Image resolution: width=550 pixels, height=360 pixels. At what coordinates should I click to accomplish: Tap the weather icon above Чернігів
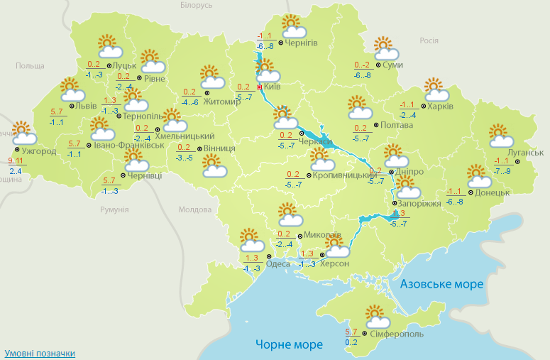pos(293,27)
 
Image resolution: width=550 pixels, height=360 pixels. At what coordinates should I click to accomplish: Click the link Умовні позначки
pos(40,353)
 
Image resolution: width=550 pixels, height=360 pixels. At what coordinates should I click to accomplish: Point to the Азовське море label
pos(441,284)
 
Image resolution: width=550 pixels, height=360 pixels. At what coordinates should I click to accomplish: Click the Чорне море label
pos(289,345)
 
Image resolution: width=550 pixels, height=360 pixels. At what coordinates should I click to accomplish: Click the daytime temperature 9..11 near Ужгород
pos(15,162)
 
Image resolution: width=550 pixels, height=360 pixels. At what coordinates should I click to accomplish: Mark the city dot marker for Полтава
pos(375,125)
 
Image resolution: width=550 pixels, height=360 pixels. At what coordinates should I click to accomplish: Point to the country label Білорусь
pos(197,6)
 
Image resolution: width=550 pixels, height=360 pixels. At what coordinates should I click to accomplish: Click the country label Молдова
pos(195,209)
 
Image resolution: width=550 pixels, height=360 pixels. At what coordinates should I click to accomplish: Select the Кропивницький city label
pos(343,175)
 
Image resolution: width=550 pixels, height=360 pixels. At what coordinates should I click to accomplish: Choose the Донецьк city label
pos(491,192)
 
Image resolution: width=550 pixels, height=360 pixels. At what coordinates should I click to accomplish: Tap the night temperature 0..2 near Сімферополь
pos(351,342)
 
